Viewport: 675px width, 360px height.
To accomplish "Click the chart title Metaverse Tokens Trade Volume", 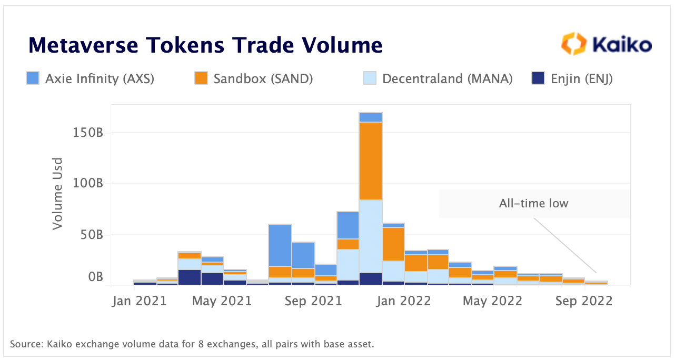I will pyautogui.click(x=205, y=45).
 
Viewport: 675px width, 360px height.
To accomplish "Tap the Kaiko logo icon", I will pyautogui.click(x=573, y=44).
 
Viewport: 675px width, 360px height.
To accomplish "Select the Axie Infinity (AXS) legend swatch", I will pyautogui.click(x=33, y=79).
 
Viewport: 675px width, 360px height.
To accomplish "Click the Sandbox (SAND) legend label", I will pyautogui.click(x=263, y=79).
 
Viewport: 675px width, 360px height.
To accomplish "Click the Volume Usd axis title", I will pyautogui.click(x=57, y=193).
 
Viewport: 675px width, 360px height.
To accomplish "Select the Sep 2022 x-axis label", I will pyautogui.click(x=583, y=302).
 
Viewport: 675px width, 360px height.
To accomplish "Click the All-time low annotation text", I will pyautogui.click(x=533, y=203).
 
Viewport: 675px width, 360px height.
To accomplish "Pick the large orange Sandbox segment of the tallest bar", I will pyautogui.click(x=371, y=161).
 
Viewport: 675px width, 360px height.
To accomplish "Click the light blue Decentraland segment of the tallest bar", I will pyautogui.click(x=371, y=236).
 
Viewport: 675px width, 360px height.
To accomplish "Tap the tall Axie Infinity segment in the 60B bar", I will pyautogui.click(x=280, y=245).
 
